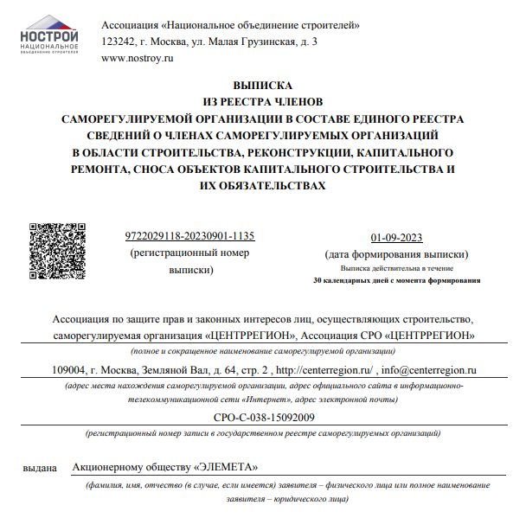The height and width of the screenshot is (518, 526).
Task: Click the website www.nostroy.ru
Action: click(x=138, y=58)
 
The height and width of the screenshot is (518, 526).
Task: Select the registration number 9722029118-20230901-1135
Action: click(x=189, y=236)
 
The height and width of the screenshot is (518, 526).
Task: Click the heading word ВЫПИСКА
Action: click(x=263, y=86)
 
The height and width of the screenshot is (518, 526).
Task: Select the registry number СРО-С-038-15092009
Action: click(x=262, y=418)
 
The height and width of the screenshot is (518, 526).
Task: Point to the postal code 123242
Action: click(x=119, y=41)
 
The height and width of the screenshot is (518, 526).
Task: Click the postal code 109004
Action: click(x=70, y=370)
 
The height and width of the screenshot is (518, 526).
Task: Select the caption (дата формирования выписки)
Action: click(x=397, y=254)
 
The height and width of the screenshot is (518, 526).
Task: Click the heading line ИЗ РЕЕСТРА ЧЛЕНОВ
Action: click(x=263, y=102)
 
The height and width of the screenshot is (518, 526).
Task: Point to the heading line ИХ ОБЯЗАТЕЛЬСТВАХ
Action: click(x=263, y=185)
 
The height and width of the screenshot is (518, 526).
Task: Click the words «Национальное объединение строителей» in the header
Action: click(x=260, y=23)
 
